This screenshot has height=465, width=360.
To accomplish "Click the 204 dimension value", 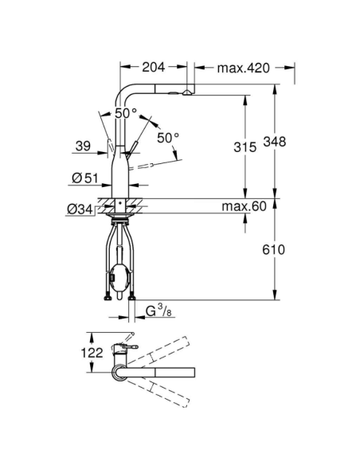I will click(155, 68).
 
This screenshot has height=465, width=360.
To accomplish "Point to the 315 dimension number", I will click(250, 148).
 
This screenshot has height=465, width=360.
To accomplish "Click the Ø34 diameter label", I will click(80, 209).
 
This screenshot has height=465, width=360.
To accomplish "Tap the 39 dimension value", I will click(81, 147).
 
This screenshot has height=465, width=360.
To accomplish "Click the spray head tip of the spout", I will click(186, 93).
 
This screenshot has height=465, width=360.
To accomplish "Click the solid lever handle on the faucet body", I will click(135, 147).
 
